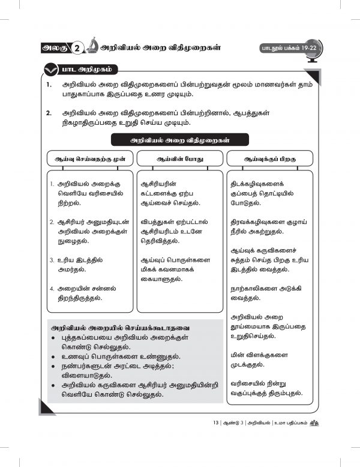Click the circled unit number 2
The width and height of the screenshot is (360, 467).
[77, 48]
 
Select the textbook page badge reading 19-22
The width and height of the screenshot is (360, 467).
[284, 48]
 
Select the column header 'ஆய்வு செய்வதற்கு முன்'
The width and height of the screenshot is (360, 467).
[88, 158]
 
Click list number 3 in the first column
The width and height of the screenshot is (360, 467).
[52, 261]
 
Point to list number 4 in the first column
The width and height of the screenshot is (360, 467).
[52, 288]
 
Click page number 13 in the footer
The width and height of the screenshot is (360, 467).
[216, 423]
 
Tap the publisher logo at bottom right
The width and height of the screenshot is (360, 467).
[314, 422]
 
